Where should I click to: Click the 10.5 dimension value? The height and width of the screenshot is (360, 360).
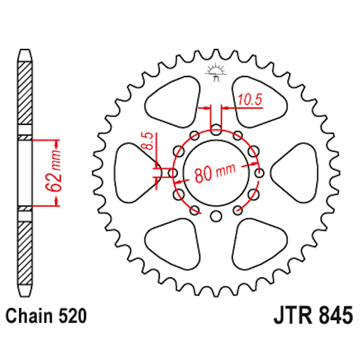pyautogui.click(x=250, y=100)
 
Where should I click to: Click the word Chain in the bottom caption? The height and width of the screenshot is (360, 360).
pyautogui.click(x=28, y=316)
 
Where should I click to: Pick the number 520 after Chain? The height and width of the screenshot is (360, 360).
pyautogui.click(x=73, y=316)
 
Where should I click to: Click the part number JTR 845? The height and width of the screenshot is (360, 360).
pyautogui.click(x=307, y=316)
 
